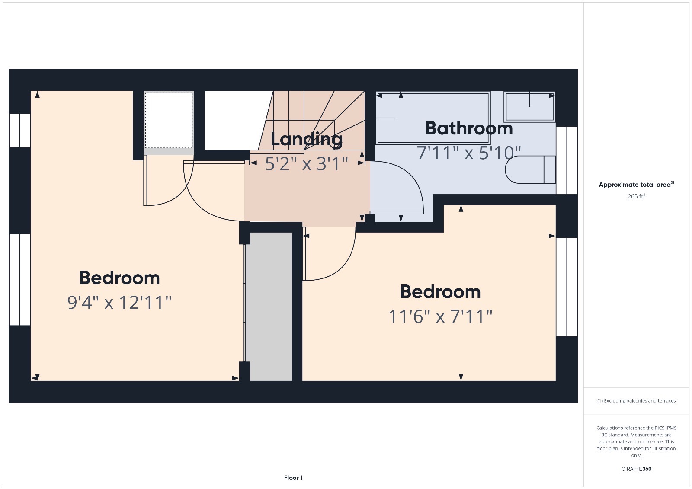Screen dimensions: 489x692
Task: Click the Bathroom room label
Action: click(469, 128)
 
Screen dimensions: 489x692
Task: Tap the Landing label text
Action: click(306, 139)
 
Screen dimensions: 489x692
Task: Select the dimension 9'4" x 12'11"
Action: click(119, 303)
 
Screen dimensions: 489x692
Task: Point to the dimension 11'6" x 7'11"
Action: click(440, 316)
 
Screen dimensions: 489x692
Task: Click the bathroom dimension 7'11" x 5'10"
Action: click(469, 153)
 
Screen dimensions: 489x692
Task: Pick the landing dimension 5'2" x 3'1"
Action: click(306, 164)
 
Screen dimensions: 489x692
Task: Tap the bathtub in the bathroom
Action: click(433, 118)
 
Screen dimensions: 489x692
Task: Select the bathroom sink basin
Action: click(529, 106)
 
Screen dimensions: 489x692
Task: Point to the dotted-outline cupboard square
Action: click(169, 120)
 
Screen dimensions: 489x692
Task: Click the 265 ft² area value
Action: click(636, 196)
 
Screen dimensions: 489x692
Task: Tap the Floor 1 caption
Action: click(293, 478)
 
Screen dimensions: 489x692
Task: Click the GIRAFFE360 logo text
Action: click(636, 469)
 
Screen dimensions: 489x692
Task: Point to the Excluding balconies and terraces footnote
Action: click(636, 401)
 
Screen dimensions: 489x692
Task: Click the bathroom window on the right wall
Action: click(567, 160)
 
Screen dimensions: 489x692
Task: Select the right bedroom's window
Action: click(567, 287)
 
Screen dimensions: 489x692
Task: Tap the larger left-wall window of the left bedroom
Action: click(20, 279)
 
